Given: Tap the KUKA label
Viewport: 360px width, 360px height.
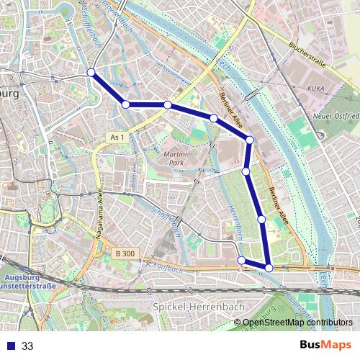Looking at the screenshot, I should (315, 88).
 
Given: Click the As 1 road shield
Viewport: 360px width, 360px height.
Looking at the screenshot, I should (118, 137).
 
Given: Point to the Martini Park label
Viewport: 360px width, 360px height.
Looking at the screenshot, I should (175, 156).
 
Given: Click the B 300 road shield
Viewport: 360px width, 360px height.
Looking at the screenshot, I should (125, 253).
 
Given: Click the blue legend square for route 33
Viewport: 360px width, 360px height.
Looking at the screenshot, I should (9, 346).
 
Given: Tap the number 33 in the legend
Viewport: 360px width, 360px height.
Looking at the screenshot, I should (27, 346).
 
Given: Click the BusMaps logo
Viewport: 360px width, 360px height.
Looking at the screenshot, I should (325, 345).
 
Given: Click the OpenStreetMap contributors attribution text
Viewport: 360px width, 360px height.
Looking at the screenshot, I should (297, 322).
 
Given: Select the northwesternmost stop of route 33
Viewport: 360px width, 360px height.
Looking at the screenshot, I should (91, 72).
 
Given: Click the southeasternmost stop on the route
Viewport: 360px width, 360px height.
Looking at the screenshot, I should (269, 268).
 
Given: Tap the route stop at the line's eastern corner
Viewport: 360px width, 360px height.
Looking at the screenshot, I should (250, 140).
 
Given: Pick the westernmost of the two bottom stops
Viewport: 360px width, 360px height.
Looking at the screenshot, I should (241, 261).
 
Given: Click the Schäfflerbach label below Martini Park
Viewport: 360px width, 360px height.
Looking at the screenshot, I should (168, 216).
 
